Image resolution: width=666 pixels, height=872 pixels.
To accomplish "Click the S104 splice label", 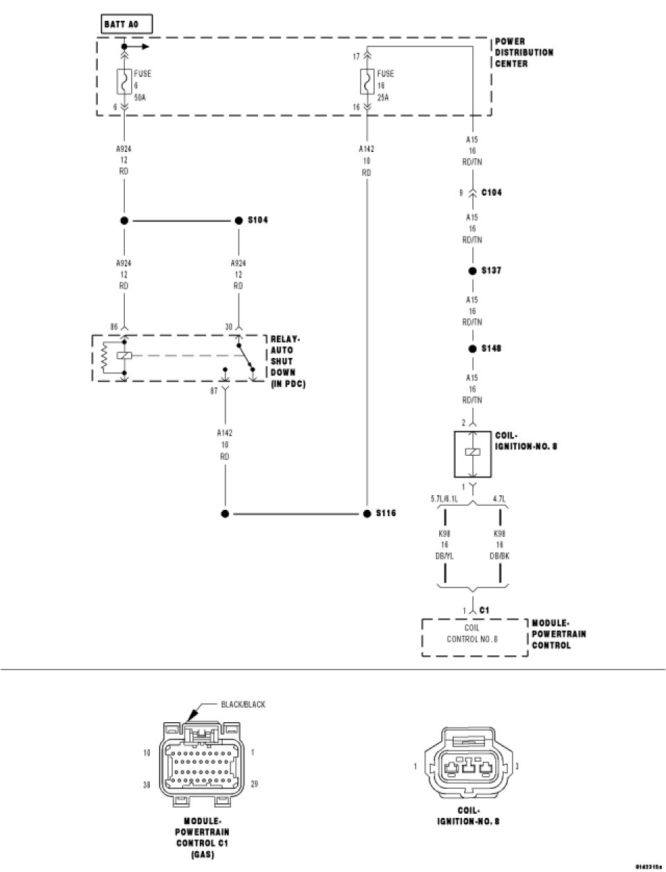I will pyautogui.click(x=258, y=221).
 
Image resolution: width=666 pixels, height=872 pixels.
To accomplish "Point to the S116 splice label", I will pyautogui.click(x=386, y=514).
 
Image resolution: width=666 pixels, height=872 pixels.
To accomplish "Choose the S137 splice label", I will pyautogui.click(x=491, y=271).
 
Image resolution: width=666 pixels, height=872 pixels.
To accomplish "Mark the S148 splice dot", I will pyautogui.click(x=472, y=348).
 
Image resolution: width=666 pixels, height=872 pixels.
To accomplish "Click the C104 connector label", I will pyautogui.click(x=491, y=193).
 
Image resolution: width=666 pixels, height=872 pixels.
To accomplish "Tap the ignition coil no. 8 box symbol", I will pyautogui.click(x=472, y=453).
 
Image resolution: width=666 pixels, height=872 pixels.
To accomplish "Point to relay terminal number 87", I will pyautogui.click(x=215, y=391).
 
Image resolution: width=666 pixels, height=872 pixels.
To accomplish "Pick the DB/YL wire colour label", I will pyautogui.click(x=445, y=556).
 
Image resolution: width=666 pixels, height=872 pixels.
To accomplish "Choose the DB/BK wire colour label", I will pyautogui.click(x=500, y=556).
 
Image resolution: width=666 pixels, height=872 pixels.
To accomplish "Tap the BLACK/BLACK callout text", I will pyautogui.click(x=243, y=705).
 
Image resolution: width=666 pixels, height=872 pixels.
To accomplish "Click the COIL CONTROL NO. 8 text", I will pyautogui.click(x=472, y=634).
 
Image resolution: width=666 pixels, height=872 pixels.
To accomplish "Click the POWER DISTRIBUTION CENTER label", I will pyautogui.click(x=524, y=53).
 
